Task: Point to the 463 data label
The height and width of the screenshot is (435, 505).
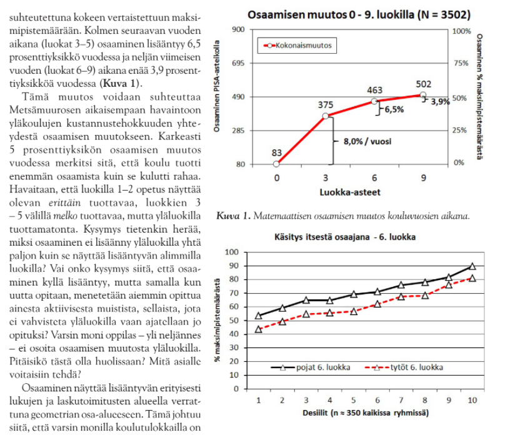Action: pos(374,91)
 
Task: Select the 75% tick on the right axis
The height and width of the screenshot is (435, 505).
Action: pos(461,64)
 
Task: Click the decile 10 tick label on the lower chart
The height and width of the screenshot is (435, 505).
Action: pos(472,399)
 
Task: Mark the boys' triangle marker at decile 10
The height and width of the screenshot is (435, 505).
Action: pos(472,266)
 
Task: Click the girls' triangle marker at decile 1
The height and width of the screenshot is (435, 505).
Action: pos(259,329)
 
